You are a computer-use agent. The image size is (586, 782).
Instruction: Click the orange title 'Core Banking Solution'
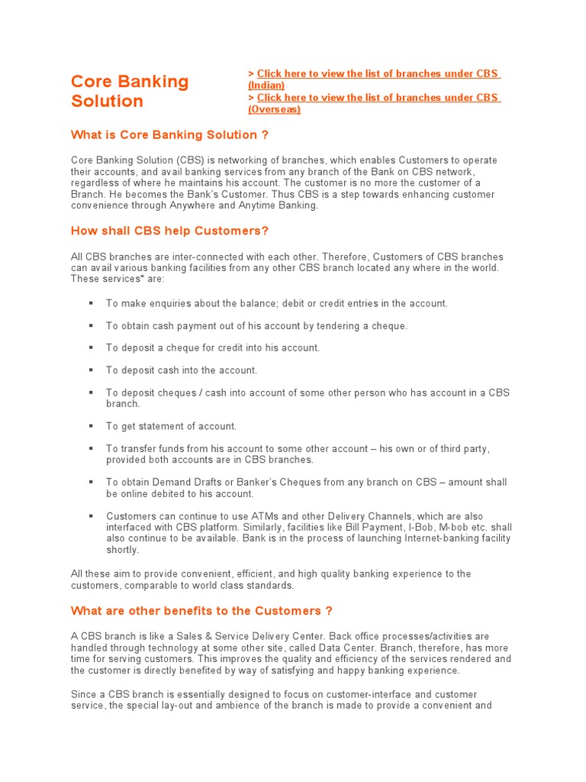tap(129, 91)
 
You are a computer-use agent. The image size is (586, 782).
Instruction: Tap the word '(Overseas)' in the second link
tap(275, 109)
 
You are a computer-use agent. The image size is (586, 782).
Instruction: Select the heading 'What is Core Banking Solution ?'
tap(169, 135)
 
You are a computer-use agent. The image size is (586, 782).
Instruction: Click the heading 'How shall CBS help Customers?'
tap(169, 231)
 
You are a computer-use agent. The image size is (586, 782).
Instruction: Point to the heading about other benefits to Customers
tap(201, 611)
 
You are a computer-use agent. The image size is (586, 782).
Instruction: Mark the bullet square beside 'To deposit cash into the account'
tap(91, 370)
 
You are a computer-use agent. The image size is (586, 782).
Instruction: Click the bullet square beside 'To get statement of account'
tap(91, 425)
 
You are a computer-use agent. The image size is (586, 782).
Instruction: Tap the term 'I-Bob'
tap(411, 528)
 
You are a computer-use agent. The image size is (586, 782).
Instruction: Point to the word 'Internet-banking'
tap(433, 538)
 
